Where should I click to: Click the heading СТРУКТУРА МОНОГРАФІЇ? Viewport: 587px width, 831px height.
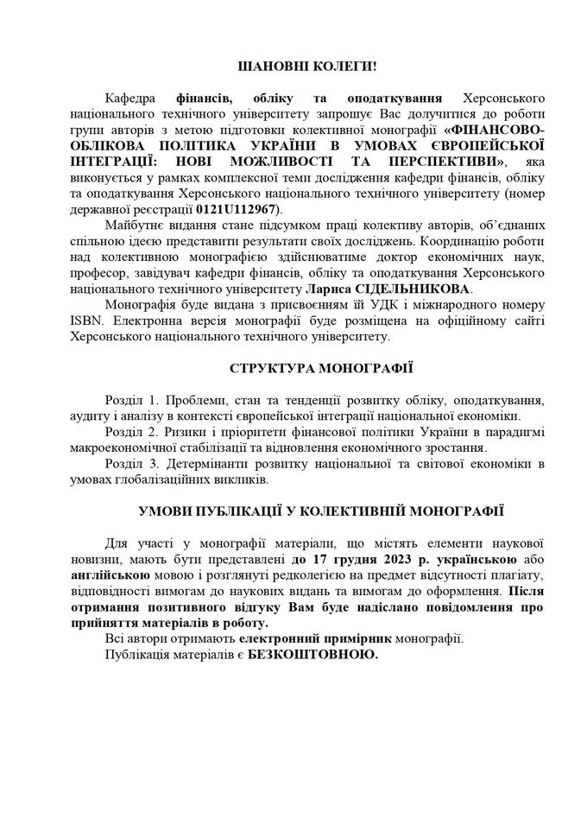[321, 368]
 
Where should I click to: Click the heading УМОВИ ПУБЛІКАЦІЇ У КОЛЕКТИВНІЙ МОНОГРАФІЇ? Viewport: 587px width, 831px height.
[321, 511]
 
